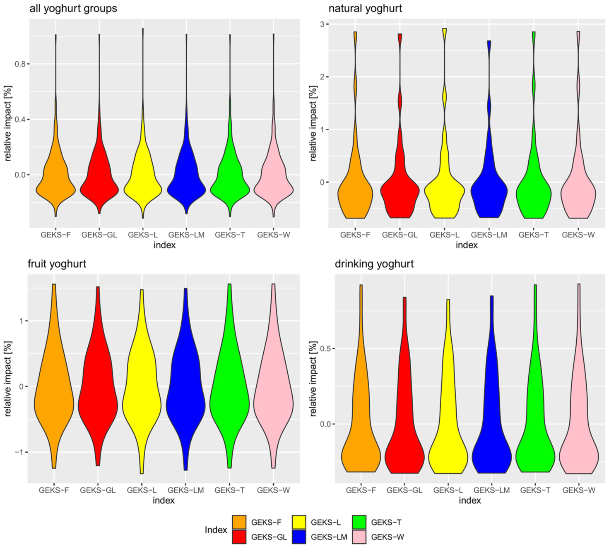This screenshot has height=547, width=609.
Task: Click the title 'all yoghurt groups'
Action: (73, 9)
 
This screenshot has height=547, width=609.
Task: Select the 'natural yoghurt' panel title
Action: (365, 9)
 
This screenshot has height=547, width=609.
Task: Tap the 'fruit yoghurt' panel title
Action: (57, 264)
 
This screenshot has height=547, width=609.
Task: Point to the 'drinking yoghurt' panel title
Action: (374, 264)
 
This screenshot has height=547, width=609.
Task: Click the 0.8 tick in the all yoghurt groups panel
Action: (21, 64)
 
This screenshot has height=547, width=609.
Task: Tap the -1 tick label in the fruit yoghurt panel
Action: (18, 452)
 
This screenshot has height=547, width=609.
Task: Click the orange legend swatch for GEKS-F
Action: (239, 522)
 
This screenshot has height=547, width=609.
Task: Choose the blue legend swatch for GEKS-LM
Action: (299, 537)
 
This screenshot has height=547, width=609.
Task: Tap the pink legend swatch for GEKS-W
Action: (359, 537)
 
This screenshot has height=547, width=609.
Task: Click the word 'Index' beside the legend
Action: (216, 530)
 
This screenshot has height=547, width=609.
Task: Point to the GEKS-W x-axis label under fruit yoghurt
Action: (273, 490)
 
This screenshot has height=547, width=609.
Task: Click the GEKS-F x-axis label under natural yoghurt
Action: (355, 235)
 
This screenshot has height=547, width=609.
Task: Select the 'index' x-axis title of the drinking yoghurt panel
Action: (469, 500)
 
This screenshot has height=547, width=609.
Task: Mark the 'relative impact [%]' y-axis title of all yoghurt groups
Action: (8, 123)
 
